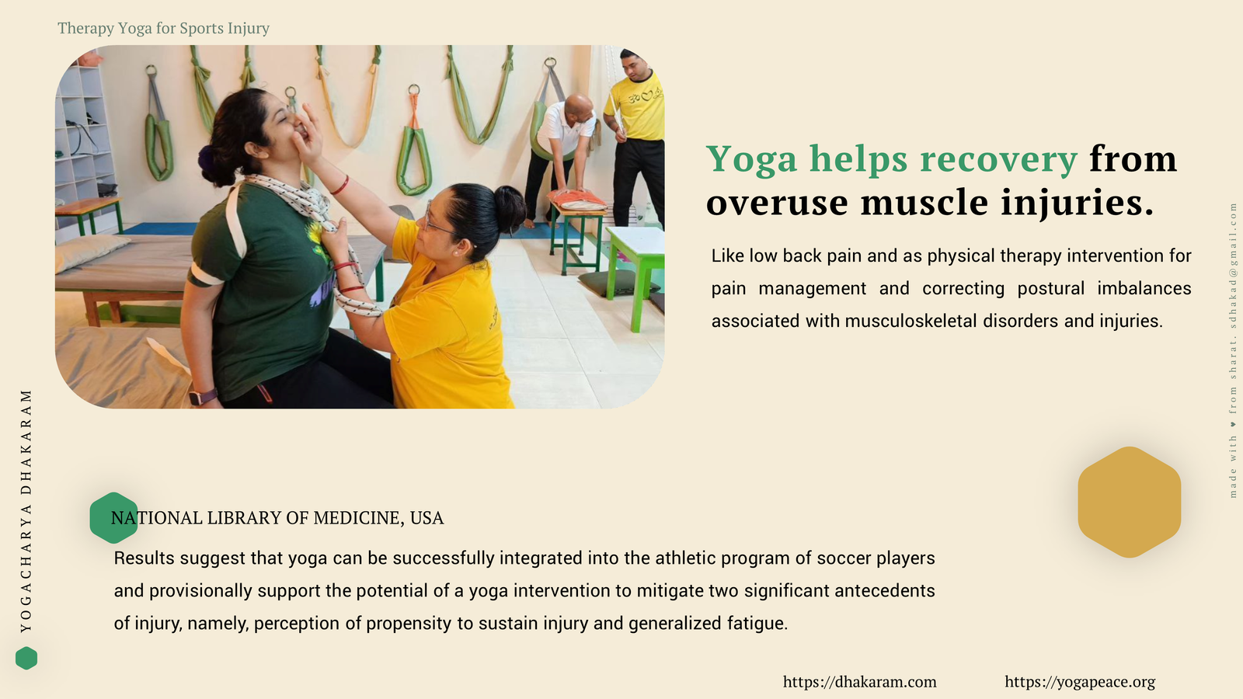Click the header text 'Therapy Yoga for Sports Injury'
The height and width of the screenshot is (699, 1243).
(x=163, y=28)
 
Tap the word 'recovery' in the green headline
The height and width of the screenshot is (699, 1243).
(x=998, y=160)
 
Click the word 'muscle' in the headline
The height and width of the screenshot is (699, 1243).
(x=924, y=202)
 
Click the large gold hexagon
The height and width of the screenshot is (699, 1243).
(x=1130, y=502)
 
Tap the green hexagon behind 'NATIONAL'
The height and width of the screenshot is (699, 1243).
(x=113, y=517)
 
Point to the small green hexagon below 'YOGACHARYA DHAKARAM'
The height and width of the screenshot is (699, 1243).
(x=26, y=658)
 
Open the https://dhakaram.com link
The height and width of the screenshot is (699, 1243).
(x=859, y=682)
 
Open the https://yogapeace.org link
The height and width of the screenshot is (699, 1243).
(x=1080, y=682)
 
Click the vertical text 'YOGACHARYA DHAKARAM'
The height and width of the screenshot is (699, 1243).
(x=26, y=511)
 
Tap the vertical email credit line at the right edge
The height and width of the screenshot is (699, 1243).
(x=1233, y=350)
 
